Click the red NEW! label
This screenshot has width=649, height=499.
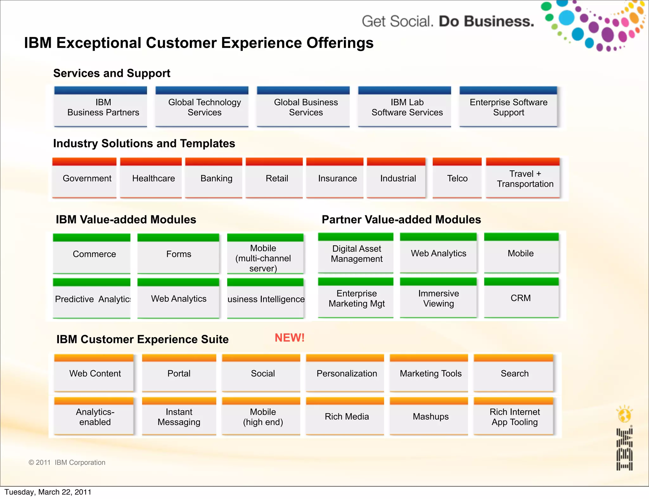(x=289, y=338)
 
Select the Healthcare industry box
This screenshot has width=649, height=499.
(x=153, y=178)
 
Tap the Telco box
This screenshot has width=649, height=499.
(x=457, y=178)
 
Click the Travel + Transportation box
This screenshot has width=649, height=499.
(x=524, y=179)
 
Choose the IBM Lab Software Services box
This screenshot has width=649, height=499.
(x=407, y=107)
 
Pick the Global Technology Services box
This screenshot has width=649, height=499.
(x=204, y=107)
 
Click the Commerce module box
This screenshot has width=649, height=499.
(x=94, y=254)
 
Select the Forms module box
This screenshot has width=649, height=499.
(x=179, y=254)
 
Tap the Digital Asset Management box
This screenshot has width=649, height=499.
(x=357, y=254)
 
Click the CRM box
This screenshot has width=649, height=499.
(x=520, y=298)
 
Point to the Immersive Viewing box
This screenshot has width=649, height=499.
(x=438, y=298)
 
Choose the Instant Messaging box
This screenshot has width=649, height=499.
(x=179, y=417)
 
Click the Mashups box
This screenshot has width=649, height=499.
(x=430, y=417)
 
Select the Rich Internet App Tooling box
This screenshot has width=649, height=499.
(x=514, y=417)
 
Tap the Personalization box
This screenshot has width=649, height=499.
(x=347, y=374)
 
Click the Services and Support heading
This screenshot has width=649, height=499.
(x=112, y=73)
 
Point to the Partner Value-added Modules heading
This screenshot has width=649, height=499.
(x=401, y=219)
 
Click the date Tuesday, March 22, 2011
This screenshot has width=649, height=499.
(x=48, y=492)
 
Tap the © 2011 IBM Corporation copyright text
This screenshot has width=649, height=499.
(x=67, y=462)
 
